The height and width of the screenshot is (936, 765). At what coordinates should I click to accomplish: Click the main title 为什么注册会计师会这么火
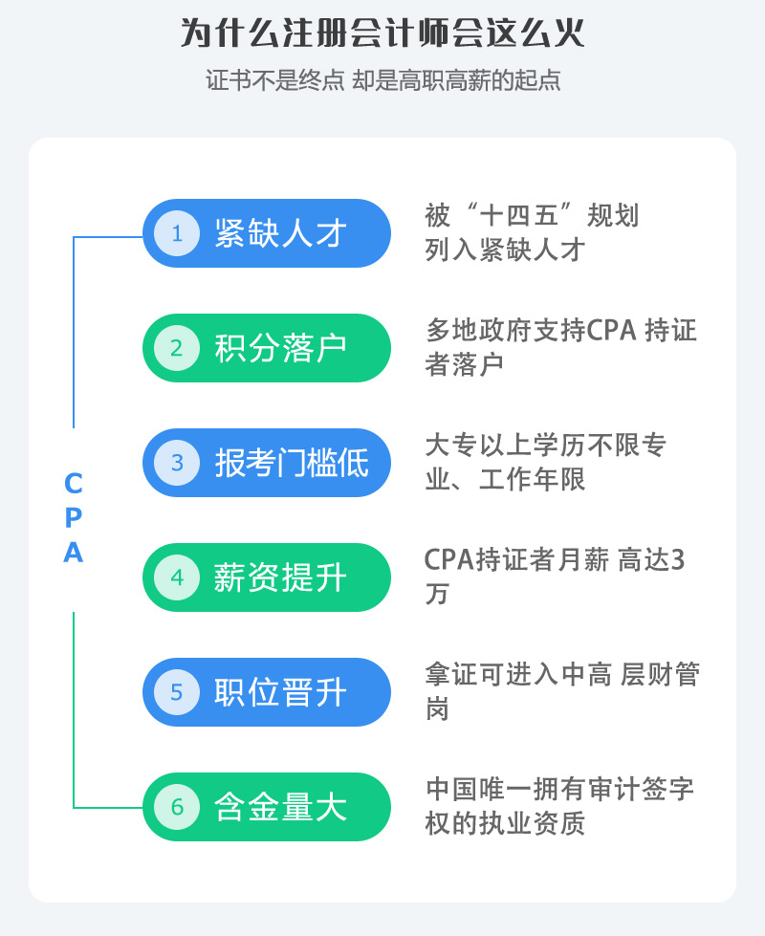(382, 34)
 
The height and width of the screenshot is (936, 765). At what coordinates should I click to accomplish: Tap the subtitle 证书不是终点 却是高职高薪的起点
(382, 80)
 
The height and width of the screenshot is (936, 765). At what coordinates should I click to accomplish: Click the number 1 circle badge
(176, 233)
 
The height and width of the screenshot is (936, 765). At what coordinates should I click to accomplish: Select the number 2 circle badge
(176, 348)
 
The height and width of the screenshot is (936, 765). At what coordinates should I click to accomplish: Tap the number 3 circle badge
(176, 463)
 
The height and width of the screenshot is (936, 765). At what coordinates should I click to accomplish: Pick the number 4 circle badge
(176, 577)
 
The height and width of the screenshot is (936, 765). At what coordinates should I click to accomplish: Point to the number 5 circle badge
(176, 692)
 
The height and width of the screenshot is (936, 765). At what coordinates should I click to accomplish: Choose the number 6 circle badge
(176, 807)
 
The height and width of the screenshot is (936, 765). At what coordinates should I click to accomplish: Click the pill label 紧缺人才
(280, 233)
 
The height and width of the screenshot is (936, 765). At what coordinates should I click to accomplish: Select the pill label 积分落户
(280, 348)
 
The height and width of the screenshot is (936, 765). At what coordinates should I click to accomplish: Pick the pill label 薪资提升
(280, 577)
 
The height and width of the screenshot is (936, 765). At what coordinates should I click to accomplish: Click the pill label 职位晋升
(280, 692)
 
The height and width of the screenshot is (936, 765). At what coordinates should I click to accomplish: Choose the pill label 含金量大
(280, 807)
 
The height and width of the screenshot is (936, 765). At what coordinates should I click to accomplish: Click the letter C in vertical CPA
(74, 483)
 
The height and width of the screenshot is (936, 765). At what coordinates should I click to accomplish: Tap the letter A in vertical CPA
(74, 554)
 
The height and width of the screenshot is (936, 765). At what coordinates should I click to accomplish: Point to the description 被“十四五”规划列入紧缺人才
(532, 232)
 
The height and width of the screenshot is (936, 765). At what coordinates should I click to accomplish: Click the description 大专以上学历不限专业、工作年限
(546, 462)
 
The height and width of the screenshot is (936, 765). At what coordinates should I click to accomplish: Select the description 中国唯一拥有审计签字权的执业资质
(559, 806)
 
